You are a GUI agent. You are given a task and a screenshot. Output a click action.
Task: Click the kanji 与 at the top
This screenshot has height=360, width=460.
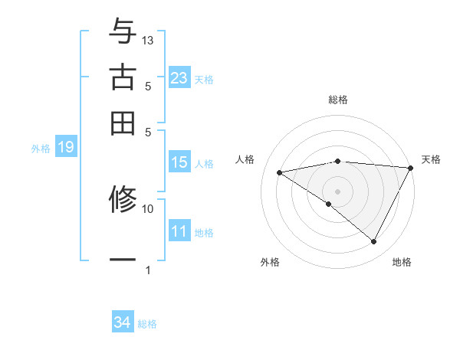click(123, 32)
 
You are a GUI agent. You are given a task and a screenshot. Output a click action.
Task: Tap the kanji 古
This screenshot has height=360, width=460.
click(123, 77)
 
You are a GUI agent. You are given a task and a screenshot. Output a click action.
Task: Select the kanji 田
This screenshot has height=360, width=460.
click(123, 123)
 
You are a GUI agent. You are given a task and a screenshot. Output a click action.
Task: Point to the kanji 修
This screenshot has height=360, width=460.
click(123, 201)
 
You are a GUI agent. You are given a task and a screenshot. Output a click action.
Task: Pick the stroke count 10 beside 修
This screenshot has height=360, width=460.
click(148, 208)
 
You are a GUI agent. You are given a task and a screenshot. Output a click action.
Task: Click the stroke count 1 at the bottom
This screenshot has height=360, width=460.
click(148, 270)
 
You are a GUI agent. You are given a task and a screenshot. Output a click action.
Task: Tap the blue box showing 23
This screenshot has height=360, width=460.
click(179, 77)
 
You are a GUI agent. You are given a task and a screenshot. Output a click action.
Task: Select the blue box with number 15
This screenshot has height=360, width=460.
click(179, 162)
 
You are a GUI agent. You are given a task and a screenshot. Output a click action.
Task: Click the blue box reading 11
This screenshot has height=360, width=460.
click(179, 231)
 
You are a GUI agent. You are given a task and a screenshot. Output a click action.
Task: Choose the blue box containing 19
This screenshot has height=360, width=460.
click(65, 148)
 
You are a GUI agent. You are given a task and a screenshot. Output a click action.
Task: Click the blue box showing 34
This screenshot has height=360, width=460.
click(123, 323)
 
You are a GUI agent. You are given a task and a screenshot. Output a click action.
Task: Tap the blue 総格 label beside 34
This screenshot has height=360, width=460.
click(148, 324)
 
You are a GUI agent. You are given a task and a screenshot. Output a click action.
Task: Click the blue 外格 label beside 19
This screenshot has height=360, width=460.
click(41, 149)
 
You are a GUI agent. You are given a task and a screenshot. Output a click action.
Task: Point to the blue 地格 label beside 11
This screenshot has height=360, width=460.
click(205, 232)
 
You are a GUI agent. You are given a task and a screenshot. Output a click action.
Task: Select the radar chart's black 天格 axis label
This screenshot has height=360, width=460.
click(432, 159)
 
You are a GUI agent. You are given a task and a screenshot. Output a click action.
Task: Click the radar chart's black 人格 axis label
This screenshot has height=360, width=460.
click(245, 159)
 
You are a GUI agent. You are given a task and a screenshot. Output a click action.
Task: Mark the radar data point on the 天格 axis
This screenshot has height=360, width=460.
click(412, 168)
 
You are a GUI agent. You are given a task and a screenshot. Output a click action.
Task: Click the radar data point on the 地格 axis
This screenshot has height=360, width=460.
click(374, 242)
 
